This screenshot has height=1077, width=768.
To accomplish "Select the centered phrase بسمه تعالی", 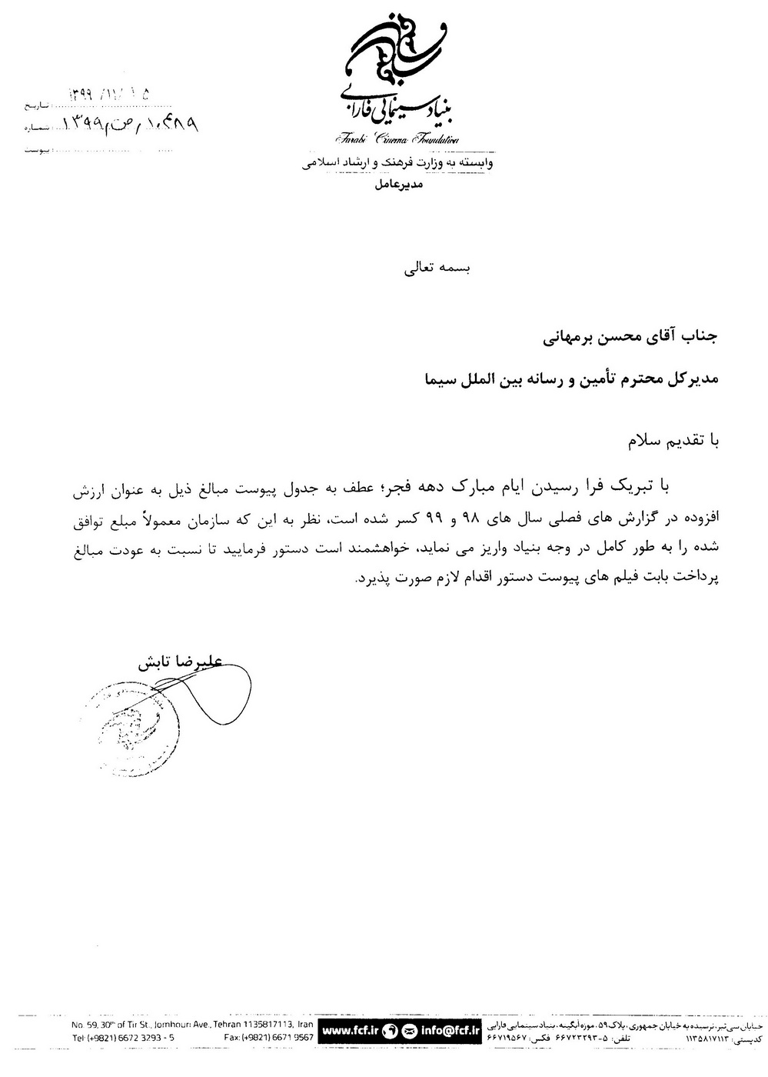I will pyautogui.click(x=436, y=269).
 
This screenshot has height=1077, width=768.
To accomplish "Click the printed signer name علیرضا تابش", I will pyautogui.click(x=178, y=662).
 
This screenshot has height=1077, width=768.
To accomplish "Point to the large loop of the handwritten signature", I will pyautogui.click(x=224, y=692).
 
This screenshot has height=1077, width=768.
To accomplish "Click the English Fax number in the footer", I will pyautogui.click(x=268, y=1037).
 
